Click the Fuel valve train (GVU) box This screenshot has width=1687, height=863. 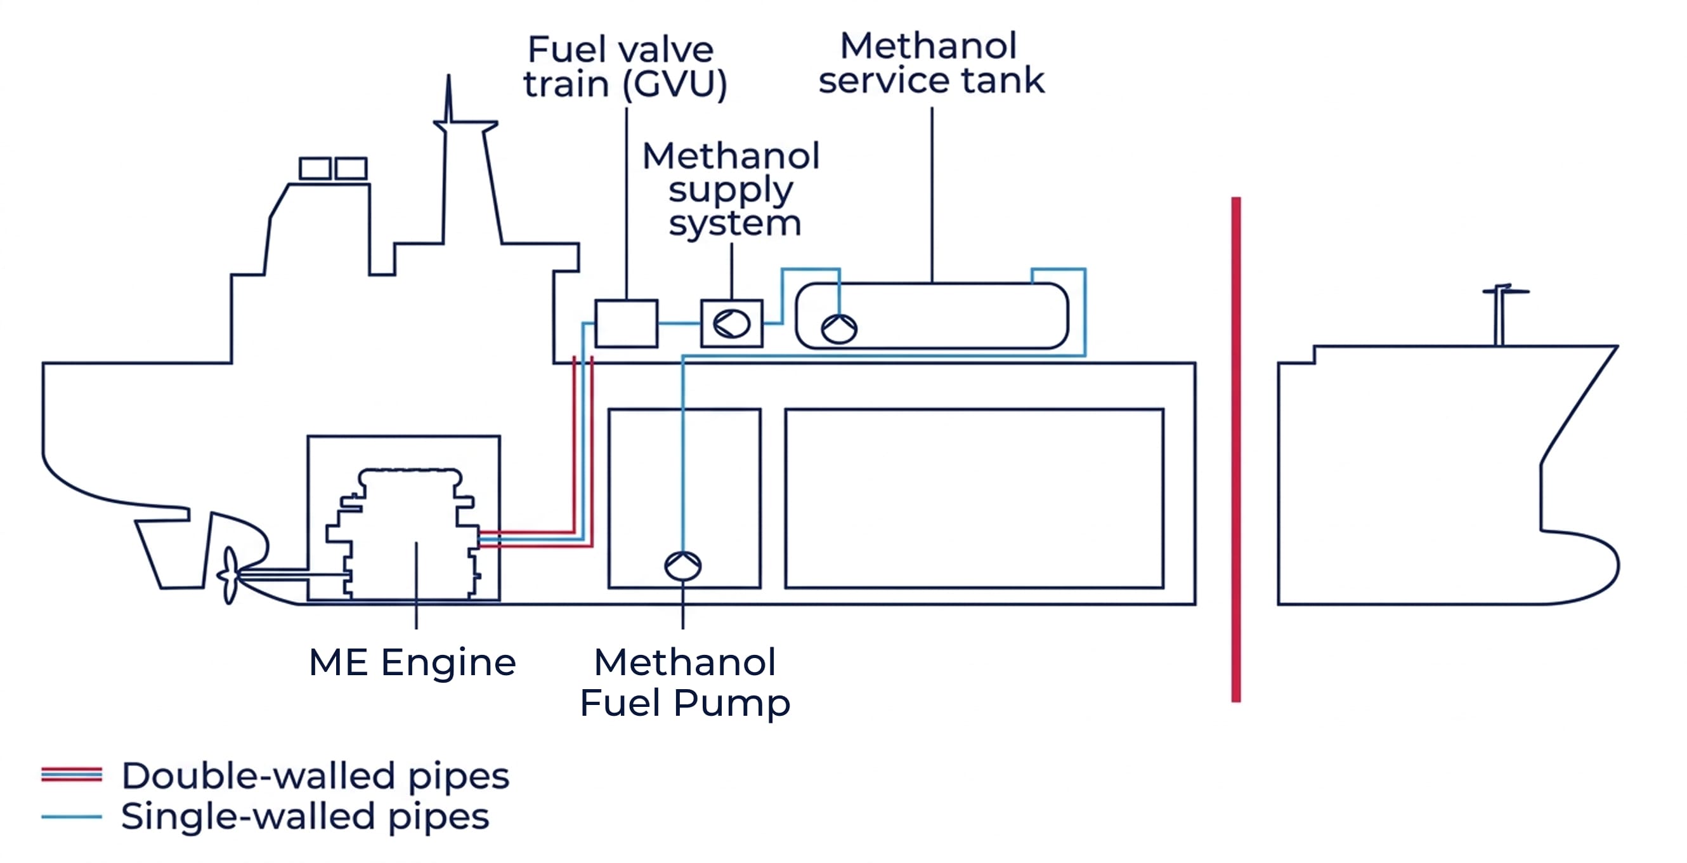point(626,324)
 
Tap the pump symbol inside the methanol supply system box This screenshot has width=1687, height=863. point(731,324)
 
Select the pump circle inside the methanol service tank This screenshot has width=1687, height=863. point(839,329)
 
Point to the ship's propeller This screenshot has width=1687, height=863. point(230,576)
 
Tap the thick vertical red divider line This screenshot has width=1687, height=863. point(1236,449)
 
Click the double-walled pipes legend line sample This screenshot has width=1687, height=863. point(72,775)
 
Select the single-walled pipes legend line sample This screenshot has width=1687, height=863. point(72,817)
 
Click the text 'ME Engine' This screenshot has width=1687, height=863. point(412,662)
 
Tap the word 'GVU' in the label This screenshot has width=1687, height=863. point(675,84)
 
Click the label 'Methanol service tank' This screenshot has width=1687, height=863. point(930,63)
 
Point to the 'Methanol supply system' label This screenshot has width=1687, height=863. point(731,189)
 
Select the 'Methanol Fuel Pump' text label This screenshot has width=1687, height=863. point(685,682)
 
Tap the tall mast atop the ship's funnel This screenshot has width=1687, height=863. point(448,98)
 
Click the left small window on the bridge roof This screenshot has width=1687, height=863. point(315,168)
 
